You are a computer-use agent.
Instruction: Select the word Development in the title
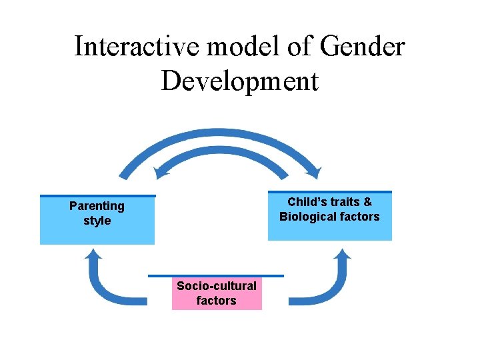click(x=240, y=81)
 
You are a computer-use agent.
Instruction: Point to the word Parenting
click(x=97, y=206)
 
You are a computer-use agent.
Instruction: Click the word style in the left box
click(x=97, y=221)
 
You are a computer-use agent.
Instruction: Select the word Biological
click(x=310, y=217)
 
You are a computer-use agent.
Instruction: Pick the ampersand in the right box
click(x=368, y=202)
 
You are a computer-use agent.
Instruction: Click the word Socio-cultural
click(x=216, y=286)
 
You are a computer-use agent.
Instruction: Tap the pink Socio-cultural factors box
click(x=217, y=294)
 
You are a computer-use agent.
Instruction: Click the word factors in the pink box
click(x=216, y=301)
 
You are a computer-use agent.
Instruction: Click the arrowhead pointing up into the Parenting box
click(x=94, y=254)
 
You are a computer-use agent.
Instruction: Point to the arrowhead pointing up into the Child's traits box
click(x=343, y=254)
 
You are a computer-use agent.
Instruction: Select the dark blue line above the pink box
click(x=215, y=275)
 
